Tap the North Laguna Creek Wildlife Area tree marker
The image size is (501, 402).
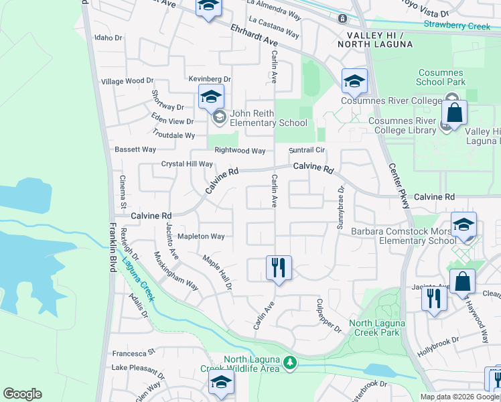[289, 363]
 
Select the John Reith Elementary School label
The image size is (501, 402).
[269, 118]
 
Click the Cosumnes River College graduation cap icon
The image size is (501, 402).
[354, 82]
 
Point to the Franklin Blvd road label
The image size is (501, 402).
[111, 247]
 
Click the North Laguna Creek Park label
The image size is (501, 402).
[374, 328]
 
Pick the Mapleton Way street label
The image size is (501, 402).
[200, 237]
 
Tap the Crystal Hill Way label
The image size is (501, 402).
[187, 163]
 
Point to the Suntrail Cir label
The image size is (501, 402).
[306, 150]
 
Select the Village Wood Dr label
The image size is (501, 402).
[127, 80]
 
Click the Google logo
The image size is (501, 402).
[22, 394]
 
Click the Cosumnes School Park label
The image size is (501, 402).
[441, 77]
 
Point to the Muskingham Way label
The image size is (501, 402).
[176, 271]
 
